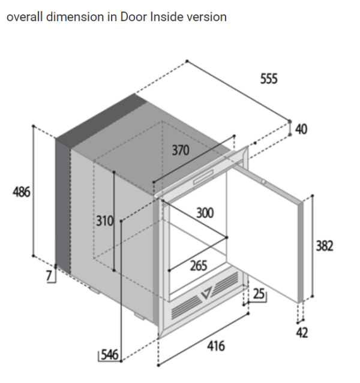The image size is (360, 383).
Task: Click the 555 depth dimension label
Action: point(269,79)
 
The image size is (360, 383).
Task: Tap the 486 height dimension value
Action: point(22,192)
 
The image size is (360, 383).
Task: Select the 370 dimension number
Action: point(181,150)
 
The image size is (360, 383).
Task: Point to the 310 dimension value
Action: point(104,221)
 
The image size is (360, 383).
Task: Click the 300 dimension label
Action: point(205,213)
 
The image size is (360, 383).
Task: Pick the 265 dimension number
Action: point(199,266)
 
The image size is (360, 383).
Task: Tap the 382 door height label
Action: point(325,246)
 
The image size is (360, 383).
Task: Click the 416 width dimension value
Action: point(216,346)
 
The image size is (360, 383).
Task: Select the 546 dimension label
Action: point(110,354)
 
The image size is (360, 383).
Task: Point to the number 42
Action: point(302,333)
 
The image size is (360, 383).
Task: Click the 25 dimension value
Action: point(259,294)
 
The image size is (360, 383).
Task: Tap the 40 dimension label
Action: point(301,129)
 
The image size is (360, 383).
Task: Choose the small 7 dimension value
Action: point(49,276)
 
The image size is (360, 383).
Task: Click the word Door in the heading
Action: point(134,17)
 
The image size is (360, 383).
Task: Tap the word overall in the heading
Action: point(25,17)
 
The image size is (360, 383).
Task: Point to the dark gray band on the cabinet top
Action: point(101,120)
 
